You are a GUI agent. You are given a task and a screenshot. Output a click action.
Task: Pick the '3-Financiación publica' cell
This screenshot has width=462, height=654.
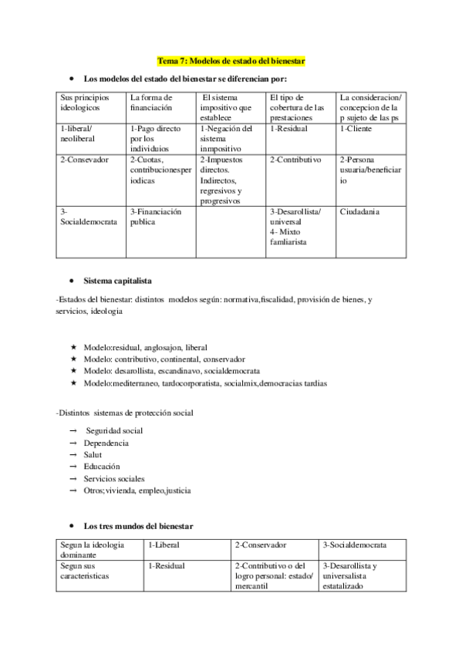(155, 216)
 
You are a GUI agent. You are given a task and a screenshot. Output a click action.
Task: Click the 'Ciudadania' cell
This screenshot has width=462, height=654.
(359, 211)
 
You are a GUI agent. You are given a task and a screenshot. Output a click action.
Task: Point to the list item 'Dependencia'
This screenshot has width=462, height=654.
(106, 443)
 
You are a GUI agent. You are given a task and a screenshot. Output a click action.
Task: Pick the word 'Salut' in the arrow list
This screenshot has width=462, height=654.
(93, 455)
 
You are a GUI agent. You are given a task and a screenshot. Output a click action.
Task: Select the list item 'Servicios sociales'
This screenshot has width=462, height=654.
(114, 478)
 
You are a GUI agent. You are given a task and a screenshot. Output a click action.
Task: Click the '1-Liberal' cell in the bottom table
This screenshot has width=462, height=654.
(163, 545)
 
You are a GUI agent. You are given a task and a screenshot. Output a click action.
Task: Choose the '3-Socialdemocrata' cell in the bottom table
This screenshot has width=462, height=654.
(354, 545)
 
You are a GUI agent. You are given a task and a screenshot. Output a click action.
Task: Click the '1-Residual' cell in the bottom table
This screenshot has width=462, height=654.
(167, 566)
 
